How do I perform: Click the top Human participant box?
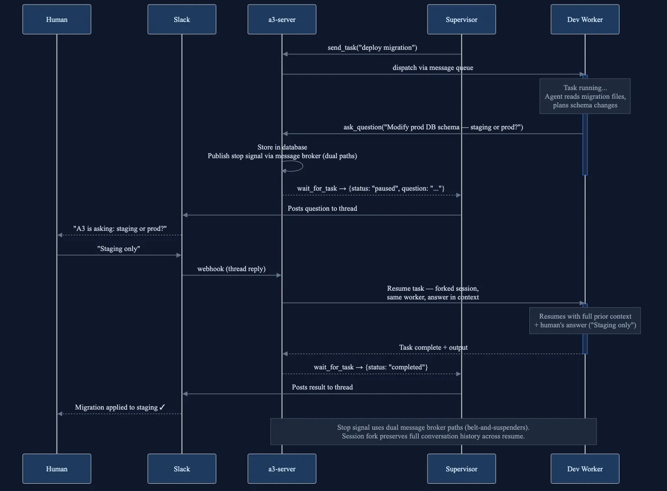(57, 20)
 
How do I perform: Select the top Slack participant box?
(181, 20)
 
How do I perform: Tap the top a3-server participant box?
(282, 20)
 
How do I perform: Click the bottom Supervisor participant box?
(461, 469)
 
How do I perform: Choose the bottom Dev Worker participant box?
(585, 469)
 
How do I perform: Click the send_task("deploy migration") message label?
(372, 48)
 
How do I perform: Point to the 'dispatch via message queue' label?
(432, 68)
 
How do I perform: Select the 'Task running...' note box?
(585, 96)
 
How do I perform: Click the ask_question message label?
(433, 127)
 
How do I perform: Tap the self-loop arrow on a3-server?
(295, 166)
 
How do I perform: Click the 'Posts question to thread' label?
(322, 208)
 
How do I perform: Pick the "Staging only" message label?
(118, 249)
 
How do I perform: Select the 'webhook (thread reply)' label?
(231, 269)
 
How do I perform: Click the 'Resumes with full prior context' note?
(585, 320)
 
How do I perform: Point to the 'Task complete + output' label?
(433, 347)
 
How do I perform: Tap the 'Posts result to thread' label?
(322, 387)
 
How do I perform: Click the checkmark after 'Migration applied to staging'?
(162, 407)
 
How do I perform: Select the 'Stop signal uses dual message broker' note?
(433, 432)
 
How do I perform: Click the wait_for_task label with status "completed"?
(371, 367)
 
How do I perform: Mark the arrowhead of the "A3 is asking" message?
(60, 235)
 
